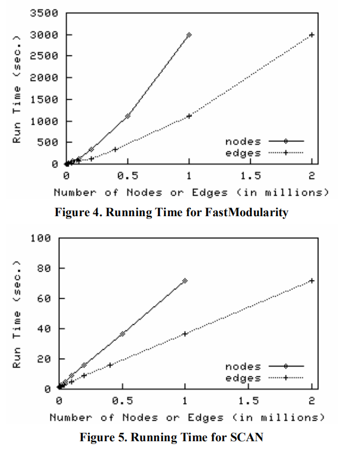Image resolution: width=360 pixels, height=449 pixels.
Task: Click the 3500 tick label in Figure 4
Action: (47, 13)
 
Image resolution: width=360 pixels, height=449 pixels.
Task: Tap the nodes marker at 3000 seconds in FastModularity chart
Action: (189, 35)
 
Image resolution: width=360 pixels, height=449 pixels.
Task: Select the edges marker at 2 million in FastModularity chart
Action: (312, 35)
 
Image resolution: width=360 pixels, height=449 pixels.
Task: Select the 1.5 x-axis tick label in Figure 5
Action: (249, 401)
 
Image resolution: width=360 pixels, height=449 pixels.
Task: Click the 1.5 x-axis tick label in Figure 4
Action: (250, 176)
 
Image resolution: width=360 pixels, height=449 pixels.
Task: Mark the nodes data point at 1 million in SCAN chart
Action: (185, 280)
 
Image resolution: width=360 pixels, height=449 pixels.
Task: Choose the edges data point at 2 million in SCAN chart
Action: (312, 280)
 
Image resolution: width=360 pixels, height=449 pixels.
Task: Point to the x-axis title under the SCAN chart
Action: (186, 417)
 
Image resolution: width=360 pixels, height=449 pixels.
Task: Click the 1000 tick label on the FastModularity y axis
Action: (47, 121)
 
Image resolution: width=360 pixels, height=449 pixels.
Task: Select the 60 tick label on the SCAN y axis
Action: (45, 299)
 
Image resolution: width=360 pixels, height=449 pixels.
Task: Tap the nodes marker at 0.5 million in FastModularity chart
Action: (128, 116)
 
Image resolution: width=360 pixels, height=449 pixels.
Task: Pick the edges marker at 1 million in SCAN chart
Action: (185, 334)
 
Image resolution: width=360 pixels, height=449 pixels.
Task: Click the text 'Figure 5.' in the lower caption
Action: (99, 437)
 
